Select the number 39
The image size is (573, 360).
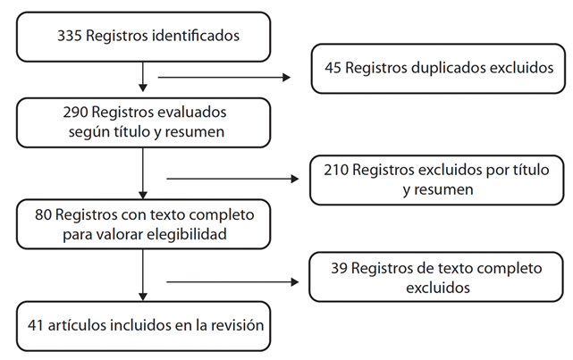pyautogui.click(x=341, y=269)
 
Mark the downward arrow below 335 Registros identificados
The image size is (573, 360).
pyautogui.click(x=143, y=76)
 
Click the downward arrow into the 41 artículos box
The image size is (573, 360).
pyautogui.click(x=143, y=279)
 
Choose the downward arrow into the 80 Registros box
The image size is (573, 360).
pyautogui.click(x=143, y=174)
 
